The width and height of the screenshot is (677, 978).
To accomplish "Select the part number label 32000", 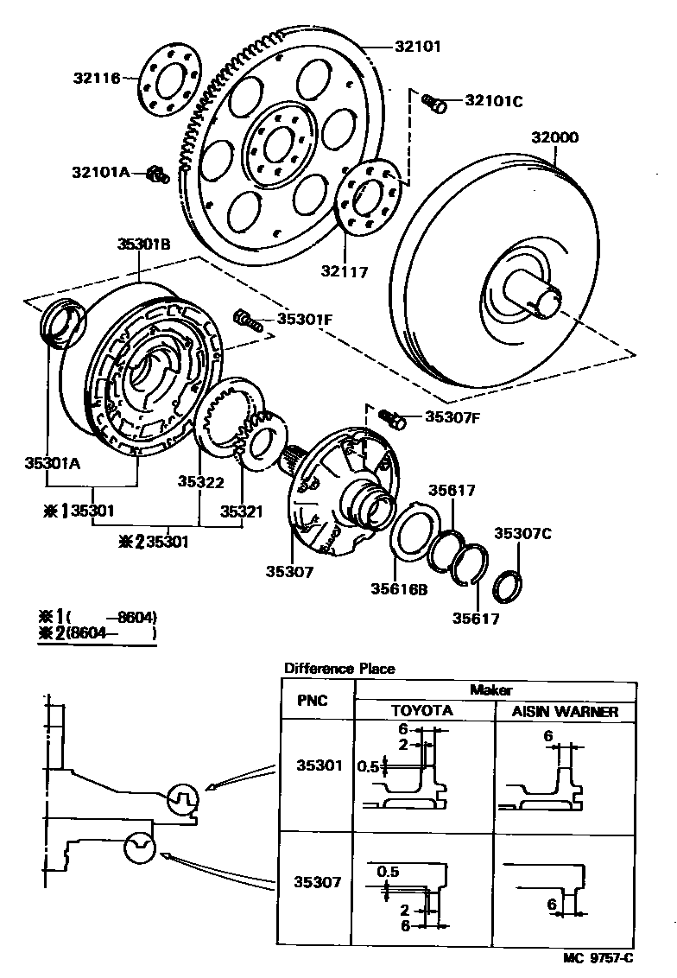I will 555,137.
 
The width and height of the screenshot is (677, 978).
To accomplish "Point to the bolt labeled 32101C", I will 434,105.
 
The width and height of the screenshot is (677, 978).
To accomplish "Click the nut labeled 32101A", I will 156,175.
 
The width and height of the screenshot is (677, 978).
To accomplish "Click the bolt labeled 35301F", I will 247,321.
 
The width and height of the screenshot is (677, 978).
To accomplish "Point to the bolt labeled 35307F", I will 392,420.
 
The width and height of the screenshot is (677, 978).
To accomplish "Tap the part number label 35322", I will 201,482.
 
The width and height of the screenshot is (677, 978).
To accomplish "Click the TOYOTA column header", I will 422,712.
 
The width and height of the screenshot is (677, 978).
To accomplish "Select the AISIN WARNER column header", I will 566,712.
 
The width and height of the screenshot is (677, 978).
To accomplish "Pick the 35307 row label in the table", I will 319,883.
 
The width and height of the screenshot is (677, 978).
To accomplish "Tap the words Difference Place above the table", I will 339,669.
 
